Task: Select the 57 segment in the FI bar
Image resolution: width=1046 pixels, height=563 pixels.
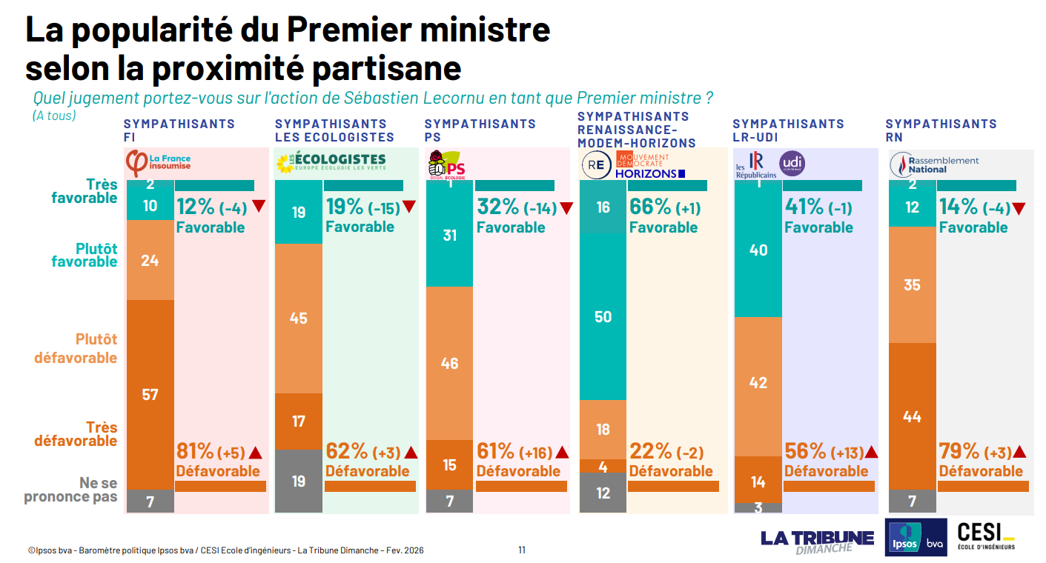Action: (150, 394)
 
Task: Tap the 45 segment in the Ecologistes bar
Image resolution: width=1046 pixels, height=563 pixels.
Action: (298, 319)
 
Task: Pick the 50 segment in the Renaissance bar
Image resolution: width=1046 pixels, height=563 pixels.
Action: (603, 317)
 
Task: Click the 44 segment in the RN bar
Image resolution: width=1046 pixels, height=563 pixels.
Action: (912, 416)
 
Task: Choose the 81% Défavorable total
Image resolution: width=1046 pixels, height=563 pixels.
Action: (195, 450)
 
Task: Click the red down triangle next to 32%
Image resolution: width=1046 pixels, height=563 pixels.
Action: (566, 208)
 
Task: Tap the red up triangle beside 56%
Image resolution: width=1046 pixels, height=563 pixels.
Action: (871, 452)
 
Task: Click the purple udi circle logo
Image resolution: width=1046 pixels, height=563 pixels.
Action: (792, 163)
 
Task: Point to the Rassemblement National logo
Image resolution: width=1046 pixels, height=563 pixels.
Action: (934, 164)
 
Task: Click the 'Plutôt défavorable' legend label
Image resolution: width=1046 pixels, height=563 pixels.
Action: (76, 348)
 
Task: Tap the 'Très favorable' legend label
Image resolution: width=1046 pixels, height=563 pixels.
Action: (85, 191)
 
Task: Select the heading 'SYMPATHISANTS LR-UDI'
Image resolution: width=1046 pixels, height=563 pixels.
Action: (788, 130)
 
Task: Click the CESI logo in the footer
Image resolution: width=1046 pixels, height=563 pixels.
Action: (985, 536)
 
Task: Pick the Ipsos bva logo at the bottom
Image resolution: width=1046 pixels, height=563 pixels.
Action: (916, 537)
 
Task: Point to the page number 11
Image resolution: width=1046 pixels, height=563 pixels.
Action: (522, 550)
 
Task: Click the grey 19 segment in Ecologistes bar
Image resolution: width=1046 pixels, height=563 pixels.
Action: (298, 482)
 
